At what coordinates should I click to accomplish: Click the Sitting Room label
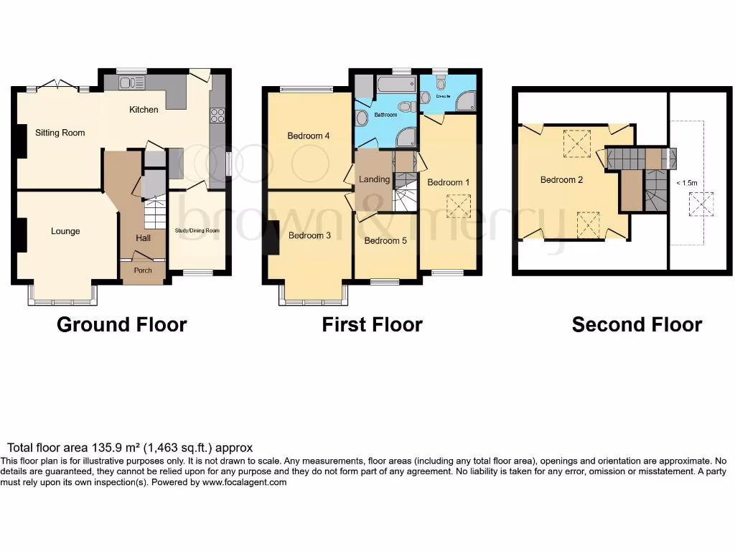point(60,133)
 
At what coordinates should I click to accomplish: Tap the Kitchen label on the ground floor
point(144,110)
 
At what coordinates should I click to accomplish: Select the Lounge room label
point(65,232)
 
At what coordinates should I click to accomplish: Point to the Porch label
point(144,271)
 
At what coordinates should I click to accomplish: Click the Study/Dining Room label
point(197,231)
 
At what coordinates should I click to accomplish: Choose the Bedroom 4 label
point(309,136)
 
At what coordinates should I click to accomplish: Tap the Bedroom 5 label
point(385,241)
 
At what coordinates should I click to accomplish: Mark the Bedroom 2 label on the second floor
point(561,180)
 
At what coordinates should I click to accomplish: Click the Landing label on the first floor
point(374,179)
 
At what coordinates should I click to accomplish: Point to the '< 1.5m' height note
point(687,184)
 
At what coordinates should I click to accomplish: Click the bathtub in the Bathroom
point(396,86)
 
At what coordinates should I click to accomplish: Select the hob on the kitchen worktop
point(217,115)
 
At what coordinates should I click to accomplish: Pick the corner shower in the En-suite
point(466,102)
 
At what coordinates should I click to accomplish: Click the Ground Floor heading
point(121,325)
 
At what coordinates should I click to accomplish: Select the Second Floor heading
point(637,325)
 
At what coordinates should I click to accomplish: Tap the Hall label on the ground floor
point(144,238)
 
